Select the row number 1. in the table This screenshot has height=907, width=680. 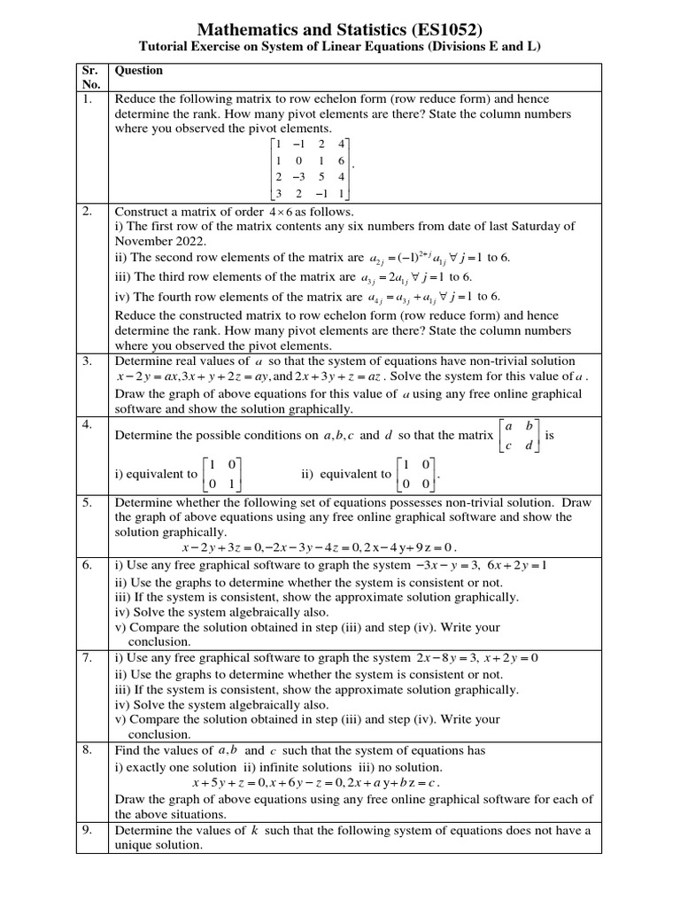[x=88, y=99]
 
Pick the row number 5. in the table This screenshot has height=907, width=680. [x=88, y=502]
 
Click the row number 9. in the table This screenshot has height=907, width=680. [x=88, y=830]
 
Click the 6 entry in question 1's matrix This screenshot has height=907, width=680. [x=341, y=160]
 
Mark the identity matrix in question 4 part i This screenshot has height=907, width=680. [x=221, y=474]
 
